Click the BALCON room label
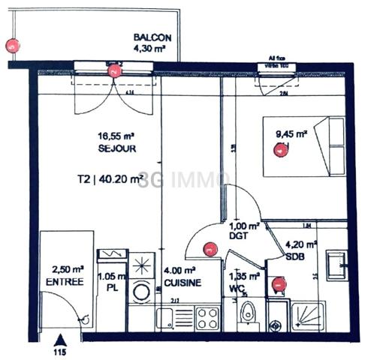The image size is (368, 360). pos(152,37)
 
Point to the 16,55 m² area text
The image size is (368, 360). pos(116,137)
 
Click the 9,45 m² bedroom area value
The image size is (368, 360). pos(291,134)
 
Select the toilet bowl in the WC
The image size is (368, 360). pos(246,316)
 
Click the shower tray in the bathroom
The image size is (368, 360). pos(309,316)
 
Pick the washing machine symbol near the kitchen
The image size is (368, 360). pos(140,291)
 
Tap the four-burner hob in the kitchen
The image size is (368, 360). pos(206,317)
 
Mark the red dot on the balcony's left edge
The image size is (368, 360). pos(11,46)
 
